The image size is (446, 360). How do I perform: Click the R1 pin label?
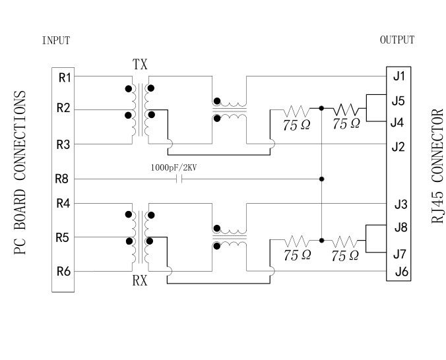65,77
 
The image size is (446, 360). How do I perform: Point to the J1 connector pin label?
398,76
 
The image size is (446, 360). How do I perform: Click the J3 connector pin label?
399,204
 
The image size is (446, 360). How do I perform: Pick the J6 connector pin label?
399,272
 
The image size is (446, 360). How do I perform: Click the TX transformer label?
141,65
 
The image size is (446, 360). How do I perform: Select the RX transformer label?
140,282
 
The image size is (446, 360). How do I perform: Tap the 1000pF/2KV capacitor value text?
175,167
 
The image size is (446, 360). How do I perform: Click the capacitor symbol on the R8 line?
179,179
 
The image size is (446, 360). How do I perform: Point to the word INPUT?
56,40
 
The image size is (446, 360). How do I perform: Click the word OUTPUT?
397,40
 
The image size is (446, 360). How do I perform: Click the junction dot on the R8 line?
321,179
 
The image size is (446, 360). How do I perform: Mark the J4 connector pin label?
397,122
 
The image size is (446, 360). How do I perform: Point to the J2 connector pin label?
398,146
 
